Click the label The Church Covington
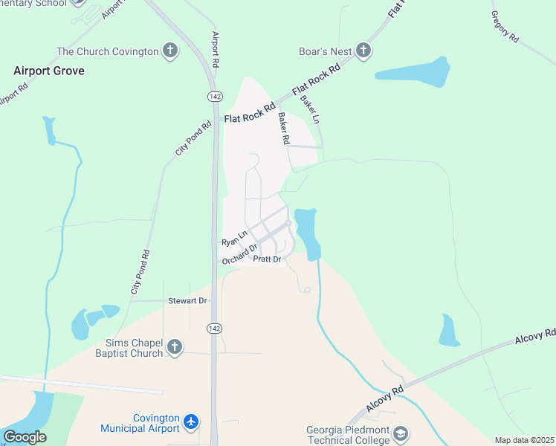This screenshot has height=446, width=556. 108,51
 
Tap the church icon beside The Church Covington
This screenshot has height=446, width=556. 170,51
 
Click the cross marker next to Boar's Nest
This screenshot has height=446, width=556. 363,51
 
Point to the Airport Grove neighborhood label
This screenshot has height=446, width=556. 49,71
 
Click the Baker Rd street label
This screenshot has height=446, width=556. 283,128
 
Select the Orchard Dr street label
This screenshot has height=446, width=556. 240,254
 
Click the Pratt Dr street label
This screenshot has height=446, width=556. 267,259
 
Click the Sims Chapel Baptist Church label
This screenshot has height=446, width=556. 129,347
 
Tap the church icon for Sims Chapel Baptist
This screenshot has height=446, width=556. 175,347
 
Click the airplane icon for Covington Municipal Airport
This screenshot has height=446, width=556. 192,422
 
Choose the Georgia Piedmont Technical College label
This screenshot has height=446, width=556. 348,435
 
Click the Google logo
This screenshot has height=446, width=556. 25,436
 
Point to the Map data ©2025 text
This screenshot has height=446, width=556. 524,440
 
